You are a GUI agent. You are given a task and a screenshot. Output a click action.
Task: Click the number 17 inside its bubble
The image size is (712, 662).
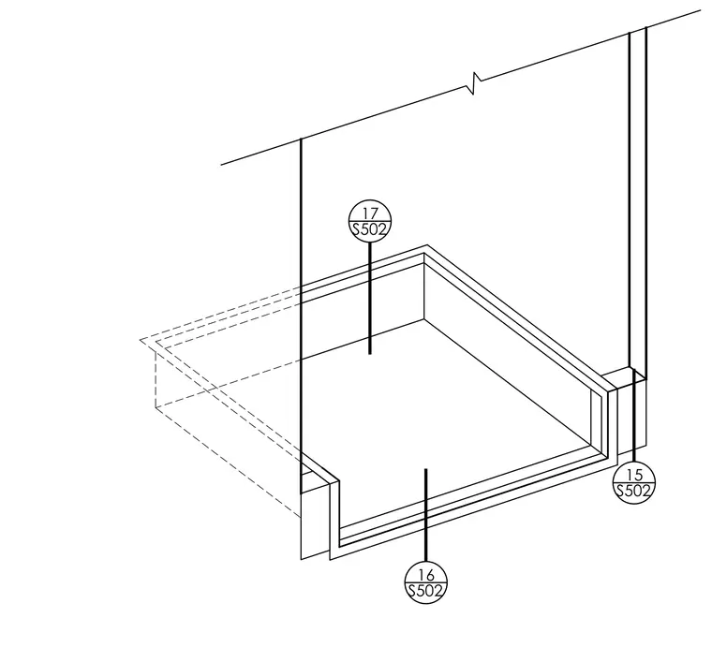[x=370, y=213]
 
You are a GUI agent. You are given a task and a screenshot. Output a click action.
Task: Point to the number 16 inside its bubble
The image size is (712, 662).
[x=426, y=575]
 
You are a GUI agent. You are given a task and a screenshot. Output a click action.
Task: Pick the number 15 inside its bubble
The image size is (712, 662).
[x=634, y=475]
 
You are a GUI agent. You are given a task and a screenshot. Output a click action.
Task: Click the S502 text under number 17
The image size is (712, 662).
[x=370, y=229]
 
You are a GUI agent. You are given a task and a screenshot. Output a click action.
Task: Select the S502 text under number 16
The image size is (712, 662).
[x=426, y=591]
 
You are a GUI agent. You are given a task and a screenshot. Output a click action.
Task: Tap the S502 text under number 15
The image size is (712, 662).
[x=634, y=491]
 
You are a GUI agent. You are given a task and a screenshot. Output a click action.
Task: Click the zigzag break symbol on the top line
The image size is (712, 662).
[x=474, y=83]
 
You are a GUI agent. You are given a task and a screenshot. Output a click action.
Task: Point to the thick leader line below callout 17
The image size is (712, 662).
[x=370, y=298]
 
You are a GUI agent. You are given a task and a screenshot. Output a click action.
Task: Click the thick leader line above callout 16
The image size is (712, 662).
[x=426, y=515]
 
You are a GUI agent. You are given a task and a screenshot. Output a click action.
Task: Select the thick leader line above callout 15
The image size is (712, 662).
[x=634, y=415]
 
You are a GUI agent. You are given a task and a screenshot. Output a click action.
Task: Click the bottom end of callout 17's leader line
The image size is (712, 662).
[x=370, y=353]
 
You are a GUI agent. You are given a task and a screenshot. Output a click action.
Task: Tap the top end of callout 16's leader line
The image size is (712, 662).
[x=426, y=469]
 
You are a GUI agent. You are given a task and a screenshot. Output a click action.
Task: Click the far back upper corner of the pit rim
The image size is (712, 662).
[x=426, y=245]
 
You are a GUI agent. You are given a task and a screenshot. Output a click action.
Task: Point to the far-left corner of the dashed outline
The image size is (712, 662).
[x=141, y=339]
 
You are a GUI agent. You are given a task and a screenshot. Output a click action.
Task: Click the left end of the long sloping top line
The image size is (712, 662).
[x=221, y=164]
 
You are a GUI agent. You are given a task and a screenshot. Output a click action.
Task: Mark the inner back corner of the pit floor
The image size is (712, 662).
[x=424, y=319]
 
